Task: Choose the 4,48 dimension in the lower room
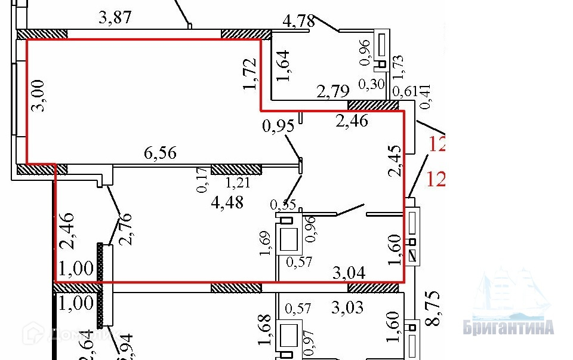(227, 203)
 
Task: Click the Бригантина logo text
(509, 328)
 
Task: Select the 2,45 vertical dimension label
(394, 162)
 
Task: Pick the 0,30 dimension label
(374, 85)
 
